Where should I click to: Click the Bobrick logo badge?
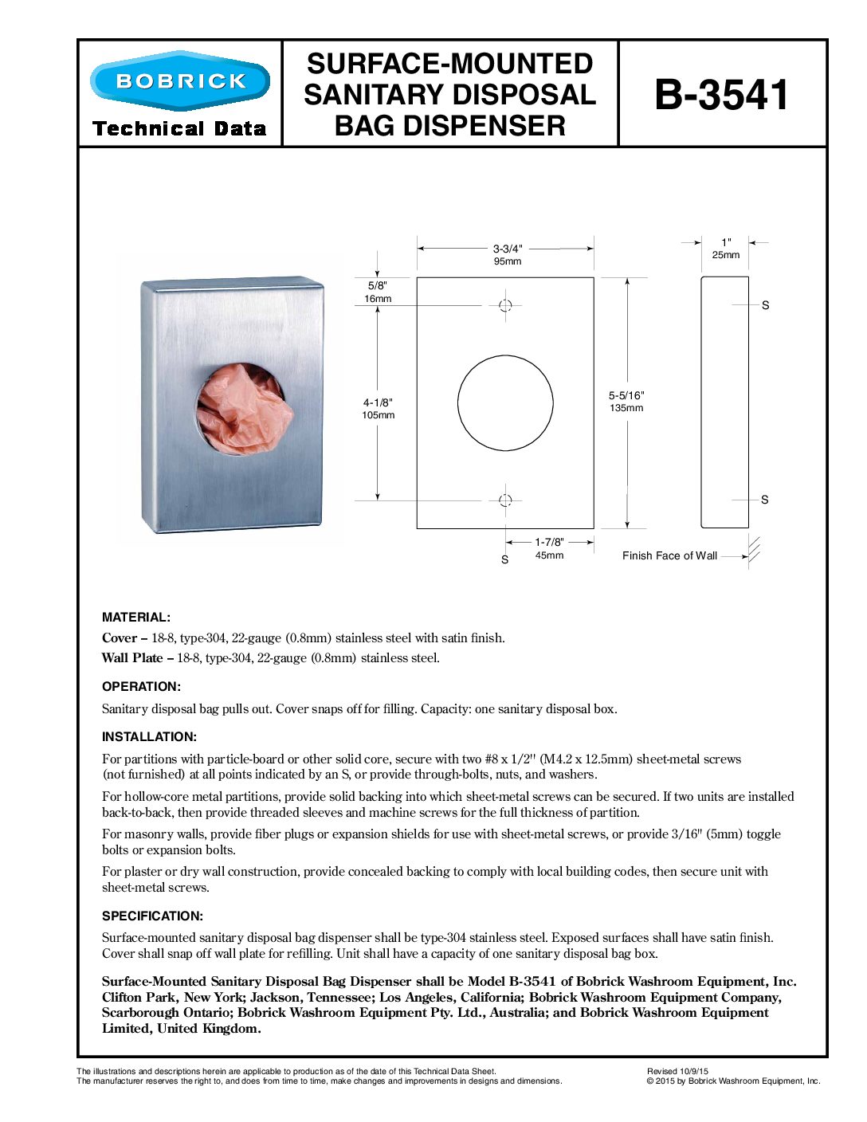[180, 80]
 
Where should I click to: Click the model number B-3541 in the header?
[722, 95]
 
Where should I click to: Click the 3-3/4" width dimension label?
[508, 249]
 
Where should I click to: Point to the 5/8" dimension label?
[378, 285]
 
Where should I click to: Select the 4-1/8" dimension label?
[378, 402]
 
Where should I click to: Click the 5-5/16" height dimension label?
[626, 395]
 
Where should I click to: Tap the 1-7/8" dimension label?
[549, 542]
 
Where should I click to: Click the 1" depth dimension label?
[726, 242]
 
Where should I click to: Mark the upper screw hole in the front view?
[505, 305]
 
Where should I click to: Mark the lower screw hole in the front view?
[505, 500]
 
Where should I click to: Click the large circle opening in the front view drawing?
[505, 402]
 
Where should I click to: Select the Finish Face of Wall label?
[669, 556]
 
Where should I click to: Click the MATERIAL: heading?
[136, 618]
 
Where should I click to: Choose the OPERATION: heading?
[141, 687]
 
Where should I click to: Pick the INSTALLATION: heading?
[149, 737]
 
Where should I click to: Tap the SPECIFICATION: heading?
[152, 916]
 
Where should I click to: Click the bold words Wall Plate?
[132, 658]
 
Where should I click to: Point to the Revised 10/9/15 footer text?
[677, 1072]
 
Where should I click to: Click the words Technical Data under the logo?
[179, 129]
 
